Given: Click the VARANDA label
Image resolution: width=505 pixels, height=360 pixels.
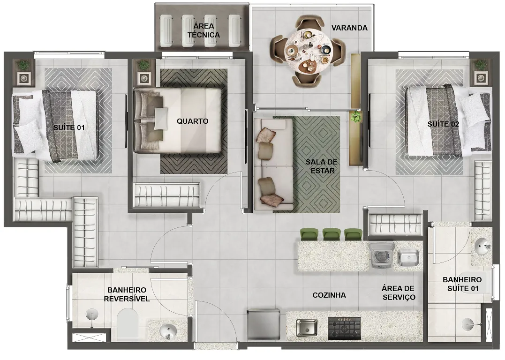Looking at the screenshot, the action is pos(349,28).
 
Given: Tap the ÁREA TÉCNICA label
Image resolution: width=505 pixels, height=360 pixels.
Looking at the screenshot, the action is pos(204,30).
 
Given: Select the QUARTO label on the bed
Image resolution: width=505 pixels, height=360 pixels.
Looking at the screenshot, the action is pos(193,121).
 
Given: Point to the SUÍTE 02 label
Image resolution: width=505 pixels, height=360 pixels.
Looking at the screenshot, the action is pos(443,124).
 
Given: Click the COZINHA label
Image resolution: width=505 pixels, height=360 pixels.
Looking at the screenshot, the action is pos(329,295).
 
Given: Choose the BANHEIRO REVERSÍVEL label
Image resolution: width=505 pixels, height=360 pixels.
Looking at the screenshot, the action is pos(127,295).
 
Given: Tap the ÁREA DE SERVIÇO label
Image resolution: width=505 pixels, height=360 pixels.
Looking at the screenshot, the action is pos(399,292).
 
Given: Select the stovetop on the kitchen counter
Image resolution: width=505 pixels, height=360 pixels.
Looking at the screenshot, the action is pos(344,329).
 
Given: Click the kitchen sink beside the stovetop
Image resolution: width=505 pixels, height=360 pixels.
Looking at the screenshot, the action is pos(307,328).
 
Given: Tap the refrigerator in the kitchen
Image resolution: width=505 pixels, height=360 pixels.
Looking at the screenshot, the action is pos(264,324).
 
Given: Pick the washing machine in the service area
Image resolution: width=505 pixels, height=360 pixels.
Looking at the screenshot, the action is pos(382,255).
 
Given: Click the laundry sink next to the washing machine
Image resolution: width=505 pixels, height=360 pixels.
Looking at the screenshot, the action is pos(408,258).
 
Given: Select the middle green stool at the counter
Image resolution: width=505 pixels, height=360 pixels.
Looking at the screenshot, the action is pos(332,234).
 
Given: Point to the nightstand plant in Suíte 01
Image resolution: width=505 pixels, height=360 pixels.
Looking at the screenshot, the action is pos(23,65).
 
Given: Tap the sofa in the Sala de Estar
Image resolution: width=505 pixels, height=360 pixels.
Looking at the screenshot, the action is pos(273,164).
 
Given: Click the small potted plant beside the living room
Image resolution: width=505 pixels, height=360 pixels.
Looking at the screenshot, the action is pos(355,117).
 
